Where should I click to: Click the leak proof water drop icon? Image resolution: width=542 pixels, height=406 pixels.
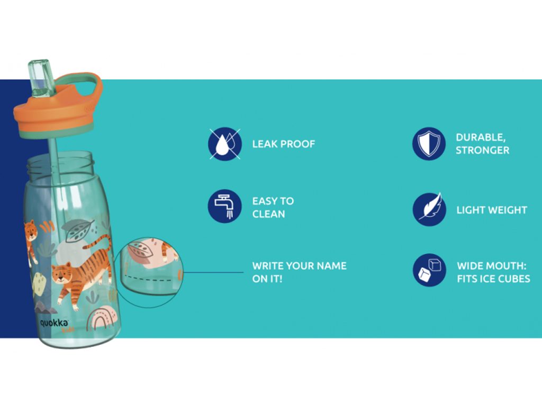224,144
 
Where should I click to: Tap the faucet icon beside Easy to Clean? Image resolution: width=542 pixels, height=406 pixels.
224,206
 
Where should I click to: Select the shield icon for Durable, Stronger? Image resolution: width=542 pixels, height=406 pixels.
429,144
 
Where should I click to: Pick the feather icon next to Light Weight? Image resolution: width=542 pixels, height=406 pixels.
429,209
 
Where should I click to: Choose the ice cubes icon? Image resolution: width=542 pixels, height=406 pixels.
429,270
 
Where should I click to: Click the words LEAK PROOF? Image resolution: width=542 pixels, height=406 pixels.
284,144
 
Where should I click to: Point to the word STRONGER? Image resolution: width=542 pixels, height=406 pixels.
482,150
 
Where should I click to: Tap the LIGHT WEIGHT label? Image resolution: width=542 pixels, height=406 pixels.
492,210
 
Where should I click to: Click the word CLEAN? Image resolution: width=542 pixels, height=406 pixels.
268,214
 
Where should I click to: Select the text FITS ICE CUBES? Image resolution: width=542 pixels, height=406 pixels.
493,279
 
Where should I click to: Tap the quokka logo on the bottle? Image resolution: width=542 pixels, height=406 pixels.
54,324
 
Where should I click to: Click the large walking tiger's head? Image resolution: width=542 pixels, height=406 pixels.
62,273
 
